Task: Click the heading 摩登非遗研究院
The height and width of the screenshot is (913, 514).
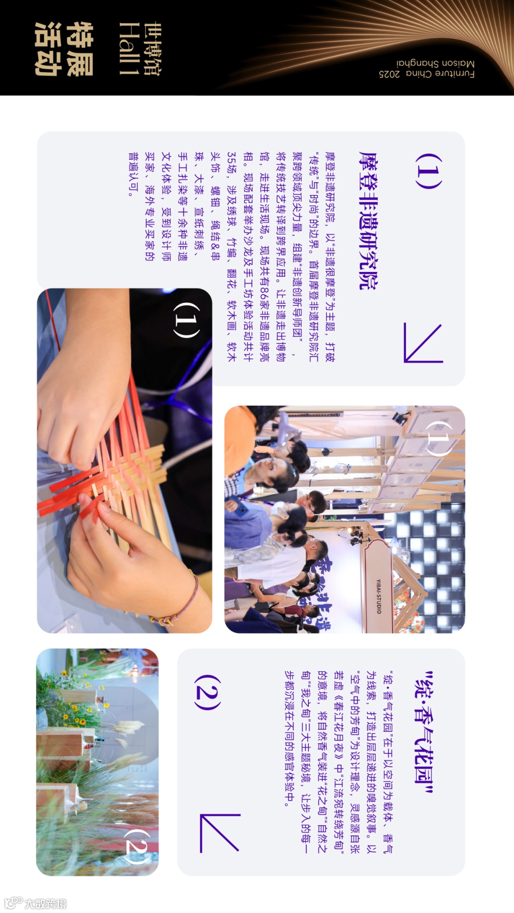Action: pyautogui.click(x=368, y=221)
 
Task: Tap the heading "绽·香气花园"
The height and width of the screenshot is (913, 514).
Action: pyautogui.click(x=423, y=733)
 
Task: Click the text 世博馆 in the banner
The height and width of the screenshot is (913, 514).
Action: pyautogui.click(x=152, y=49)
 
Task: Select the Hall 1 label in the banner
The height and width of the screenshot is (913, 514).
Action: pyautogui.click(x=129, y=49)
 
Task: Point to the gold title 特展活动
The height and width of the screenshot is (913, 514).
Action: pyautogui.click(x=64, y=49)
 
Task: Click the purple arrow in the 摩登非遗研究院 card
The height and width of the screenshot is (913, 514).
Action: pyautogui.click(x=423, y=343)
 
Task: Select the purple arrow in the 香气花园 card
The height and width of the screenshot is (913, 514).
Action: pyautogui.click(x=219, y=833)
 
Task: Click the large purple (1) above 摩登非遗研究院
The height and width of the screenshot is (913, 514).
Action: pyautogui.click(x=429, y=171)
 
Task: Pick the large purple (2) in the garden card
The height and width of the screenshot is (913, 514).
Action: pyautogui.click(x=208, y=692)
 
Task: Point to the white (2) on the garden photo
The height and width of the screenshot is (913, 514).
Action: pyautogui.click(x=138, y=846)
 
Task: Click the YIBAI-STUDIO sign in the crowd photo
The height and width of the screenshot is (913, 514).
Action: pyautogui.click(x=378, y=596)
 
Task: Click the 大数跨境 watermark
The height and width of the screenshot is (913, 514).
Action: pyautogui.click(x=36, y=903)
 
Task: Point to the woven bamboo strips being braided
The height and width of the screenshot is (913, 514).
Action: pyautogui.click(x=128, y=476)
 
